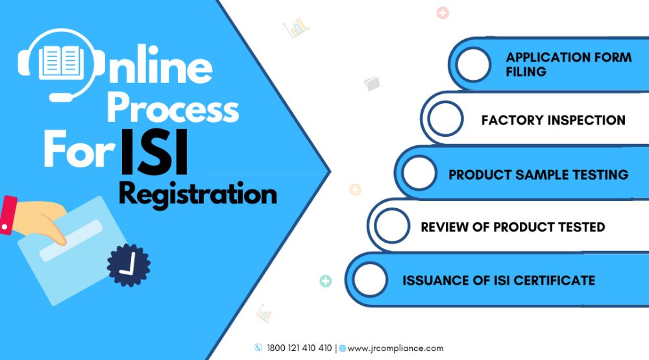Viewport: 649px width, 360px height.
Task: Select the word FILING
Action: pyautogui.click(x=526, y=71)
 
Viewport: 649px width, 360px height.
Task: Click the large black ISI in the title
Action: pyautogui.click(x=154, y=152)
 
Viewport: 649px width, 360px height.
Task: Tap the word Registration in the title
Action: pyautogui.click(x=198, y=195)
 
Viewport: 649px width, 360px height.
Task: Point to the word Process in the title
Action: pyautogui.click(x=173, y=107)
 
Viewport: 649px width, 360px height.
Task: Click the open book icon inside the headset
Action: pyautogui.click(x=61, y=62)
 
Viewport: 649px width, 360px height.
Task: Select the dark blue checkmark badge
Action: pyautogui.click(x=129, y=265)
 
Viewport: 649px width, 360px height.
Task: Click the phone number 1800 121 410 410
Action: pyautogui.click(x=299, y=348)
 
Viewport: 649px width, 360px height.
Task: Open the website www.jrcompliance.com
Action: pyautogui.click(x=395, y=348)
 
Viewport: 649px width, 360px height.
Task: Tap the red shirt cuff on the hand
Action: pyautogui.click(x=8, y=215)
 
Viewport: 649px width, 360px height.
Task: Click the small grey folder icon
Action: pyautogui.click(x=372, y=84)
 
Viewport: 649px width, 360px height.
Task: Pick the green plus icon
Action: pyautogui.click(x=326, y=281)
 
